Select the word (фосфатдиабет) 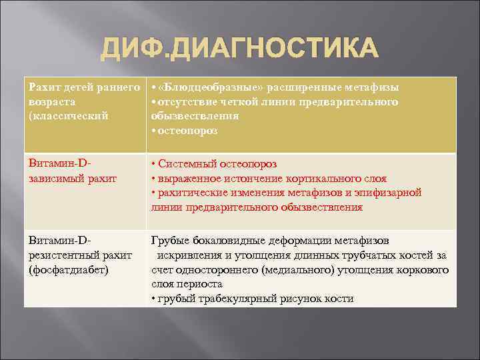coord(69,269)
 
